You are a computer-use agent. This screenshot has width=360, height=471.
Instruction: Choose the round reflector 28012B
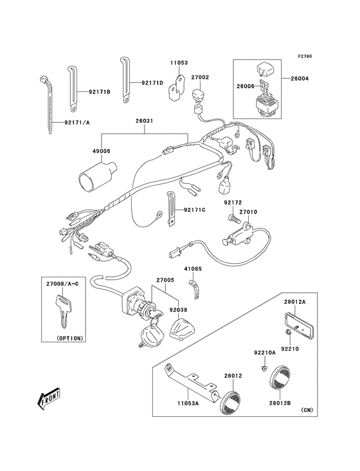pyautogui.click(x=281, y=377)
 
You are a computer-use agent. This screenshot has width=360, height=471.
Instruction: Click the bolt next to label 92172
pyautogui.click(x=233, y=221)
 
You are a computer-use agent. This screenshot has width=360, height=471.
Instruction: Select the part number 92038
pyautogui.click(x=178, y=309)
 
